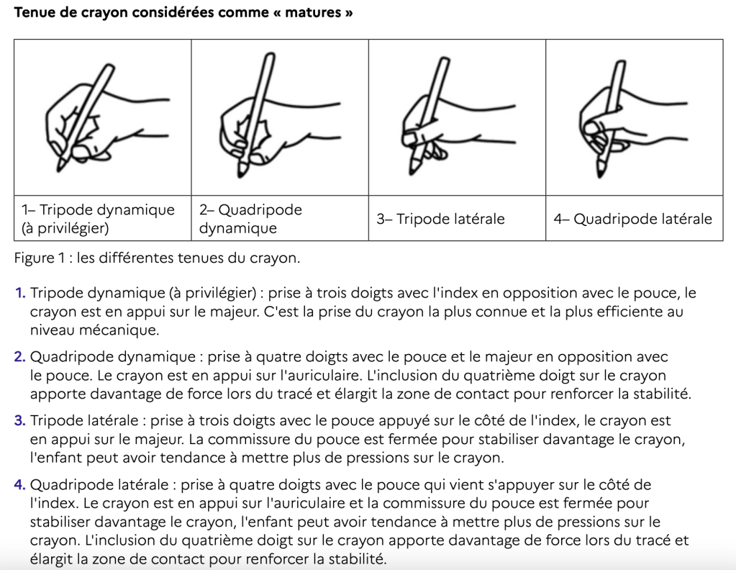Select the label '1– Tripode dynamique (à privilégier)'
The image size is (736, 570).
point(98,219)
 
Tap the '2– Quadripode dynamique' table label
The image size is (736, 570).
point(250,219)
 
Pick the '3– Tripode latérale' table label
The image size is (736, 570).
point(440,219)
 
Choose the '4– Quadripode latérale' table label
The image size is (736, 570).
point(632,219)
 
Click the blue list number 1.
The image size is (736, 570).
point(20,294)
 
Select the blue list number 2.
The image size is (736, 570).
point(20,357)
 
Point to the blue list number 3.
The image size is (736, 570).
point(20,420)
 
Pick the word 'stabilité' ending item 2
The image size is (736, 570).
point(664,394)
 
